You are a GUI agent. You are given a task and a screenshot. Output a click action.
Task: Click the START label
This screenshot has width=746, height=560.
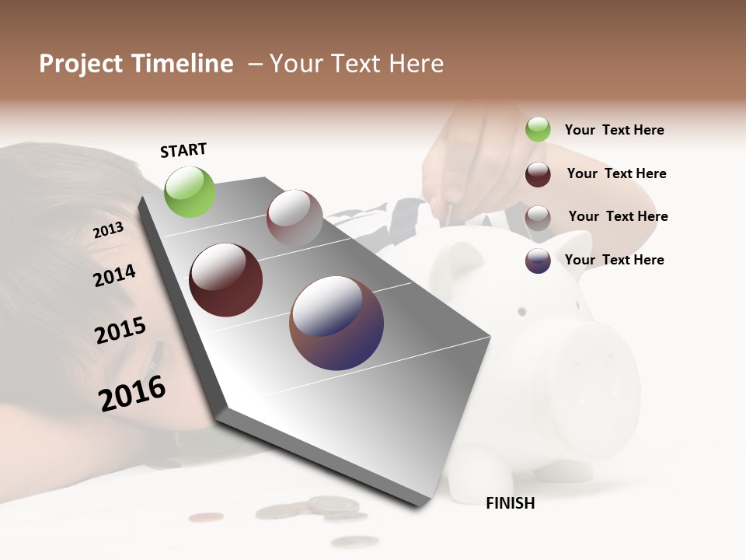point(183,150)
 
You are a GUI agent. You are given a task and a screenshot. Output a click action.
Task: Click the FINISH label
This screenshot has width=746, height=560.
point(510,503)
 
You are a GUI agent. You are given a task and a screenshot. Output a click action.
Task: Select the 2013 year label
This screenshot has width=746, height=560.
point(108,230)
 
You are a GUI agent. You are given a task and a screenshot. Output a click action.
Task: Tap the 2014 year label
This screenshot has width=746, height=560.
point(114,276)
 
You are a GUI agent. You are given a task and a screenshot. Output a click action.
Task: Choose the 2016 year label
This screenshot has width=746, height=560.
point(132,394)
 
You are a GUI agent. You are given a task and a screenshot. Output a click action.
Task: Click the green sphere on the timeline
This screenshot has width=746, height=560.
point(190,191)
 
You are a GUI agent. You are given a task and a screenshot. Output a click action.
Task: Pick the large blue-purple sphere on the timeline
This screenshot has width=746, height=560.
point(336,323)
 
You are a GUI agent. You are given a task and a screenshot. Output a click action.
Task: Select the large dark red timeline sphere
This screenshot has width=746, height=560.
point(226,280)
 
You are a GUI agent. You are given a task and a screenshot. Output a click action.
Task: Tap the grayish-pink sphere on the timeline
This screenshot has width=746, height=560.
point(295,218)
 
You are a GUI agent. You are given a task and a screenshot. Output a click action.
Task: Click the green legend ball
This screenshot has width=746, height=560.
point(538,130)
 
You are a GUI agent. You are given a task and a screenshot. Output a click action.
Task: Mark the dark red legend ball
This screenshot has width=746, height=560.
point(538,174)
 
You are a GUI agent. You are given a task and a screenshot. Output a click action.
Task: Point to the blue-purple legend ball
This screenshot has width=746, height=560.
point(538,261)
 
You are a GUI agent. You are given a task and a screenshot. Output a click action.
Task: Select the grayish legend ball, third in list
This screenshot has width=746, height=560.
point(538,218)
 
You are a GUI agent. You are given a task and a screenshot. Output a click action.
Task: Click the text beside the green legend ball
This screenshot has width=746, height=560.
point(614,130)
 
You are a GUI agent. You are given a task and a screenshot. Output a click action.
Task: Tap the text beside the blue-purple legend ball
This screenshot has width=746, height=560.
point(614,260)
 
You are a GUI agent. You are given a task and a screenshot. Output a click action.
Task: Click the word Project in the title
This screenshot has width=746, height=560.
point(82,64)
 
